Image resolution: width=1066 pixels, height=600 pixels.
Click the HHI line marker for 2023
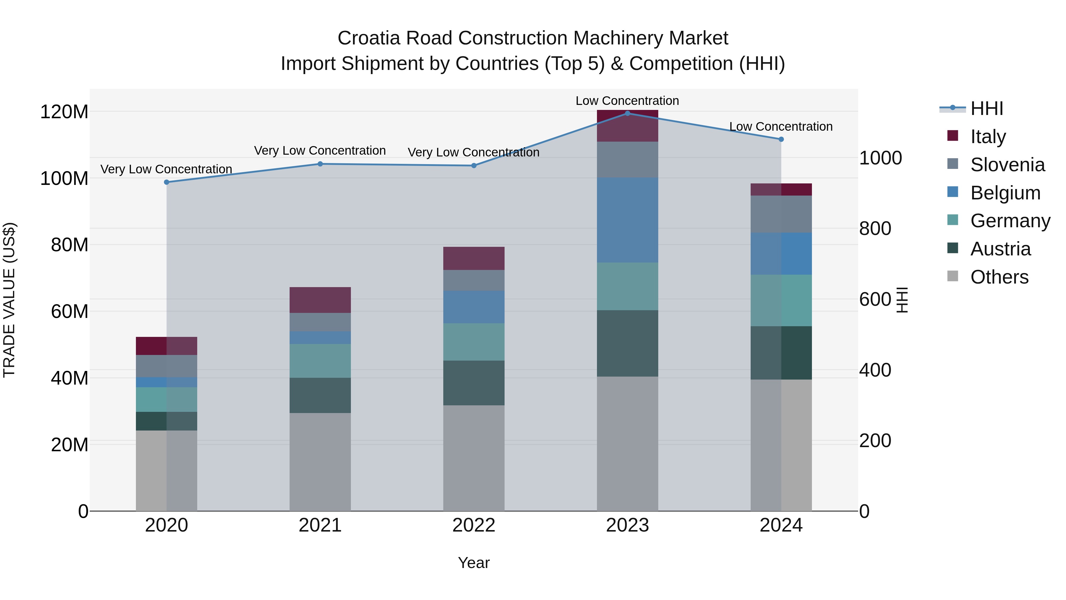coord(627,113)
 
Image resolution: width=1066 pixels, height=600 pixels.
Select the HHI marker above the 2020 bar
coord(167,182)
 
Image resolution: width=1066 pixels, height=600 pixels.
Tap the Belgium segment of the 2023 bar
coord(627,220)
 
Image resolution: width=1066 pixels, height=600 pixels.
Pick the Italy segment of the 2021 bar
coord(320,300)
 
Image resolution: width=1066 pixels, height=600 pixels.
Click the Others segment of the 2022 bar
coord(474,457)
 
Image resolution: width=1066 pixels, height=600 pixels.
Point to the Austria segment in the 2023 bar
coord(627,343)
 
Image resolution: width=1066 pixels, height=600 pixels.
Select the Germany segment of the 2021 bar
coord(320,361)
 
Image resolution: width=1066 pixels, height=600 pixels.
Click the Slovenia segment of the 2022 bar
coord(474,280)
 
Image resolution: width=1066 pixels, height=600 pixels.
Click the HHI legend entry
coord(987,108)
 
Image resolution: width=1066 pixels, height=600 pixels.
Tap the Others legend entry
coord(999,277)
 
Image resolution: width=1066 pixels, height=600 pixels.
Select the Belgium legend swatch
coord(953,192)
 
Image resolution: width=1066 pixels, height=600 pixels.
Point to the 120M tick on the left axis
coord(64,112)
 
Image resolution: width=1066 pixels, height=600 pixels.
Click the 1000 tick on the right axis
coord(881,158)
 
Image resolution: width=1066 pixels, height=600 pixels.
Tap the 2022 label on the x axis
coord(474,525)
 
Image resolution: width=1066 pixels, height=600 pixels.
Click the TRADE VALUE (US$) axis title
coord(9,300)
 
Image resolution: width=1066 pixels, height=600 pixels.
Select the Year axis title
coord(474,563)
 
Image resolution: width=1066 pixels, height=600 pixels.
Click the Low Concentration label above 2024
coord(781,127)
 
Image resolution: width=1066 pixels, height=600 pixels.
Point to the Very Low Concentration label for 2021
coord(320,151)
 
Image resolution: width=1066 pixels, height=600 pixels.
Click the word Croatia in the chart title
coord(369,38)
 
